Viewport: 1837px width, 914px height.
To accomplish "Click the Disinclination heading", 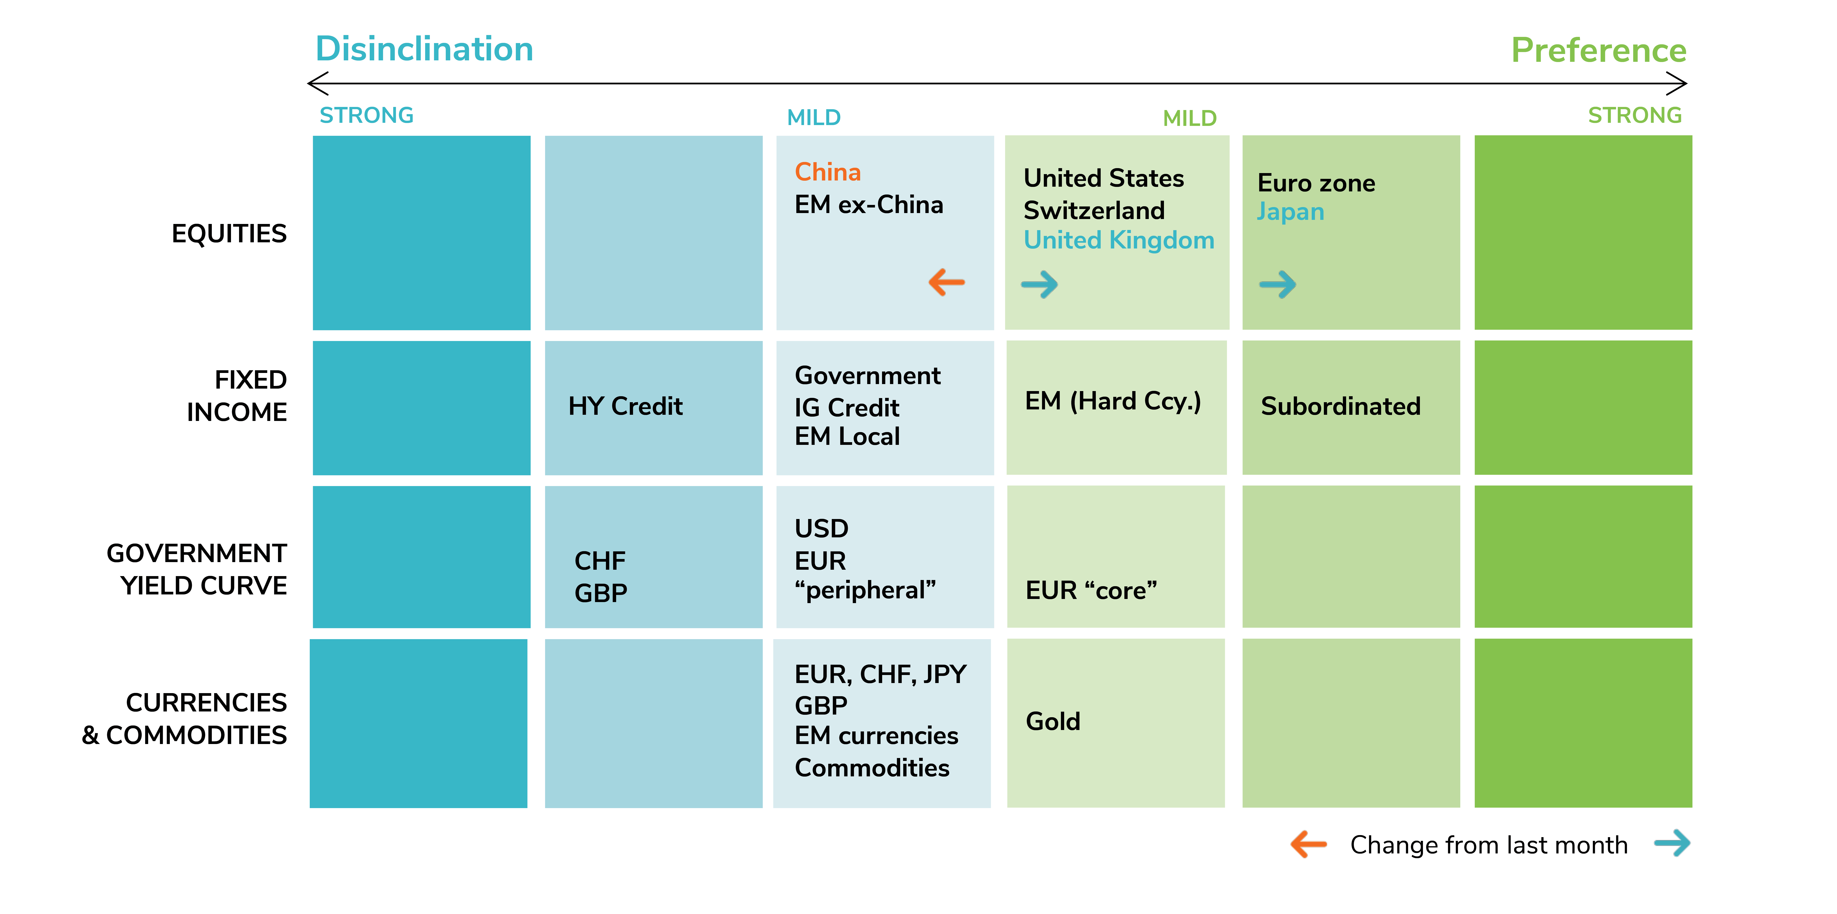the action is pos(424,49).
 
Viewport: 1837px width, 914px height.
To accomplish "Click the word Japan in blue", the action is pos(1290,212).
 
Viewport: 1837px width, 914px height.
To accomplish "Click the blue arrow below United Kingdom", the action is pos(1040,285).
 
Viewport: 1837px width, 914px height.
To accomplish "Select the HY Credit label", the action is pos(625,406).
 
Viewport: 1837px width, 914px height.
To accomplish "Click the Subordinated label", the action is pos(1341,406).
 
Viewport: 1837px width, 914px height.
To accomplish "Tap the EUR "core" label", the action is pos(1091,590).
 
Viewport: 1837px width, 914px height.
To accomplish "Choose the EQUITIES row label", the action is pos(229,234).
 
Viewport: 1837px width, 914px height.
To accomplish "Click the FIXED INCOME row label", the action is pos(237,396).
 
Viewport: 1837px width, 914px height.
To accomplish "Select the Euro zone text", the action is pos(1316,183).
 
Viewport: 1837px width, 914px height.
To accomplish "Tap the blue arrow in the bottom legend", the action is pos(1672,843).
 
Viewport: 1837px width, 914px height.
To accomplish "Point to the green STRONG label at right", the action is pos(1634,116).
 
